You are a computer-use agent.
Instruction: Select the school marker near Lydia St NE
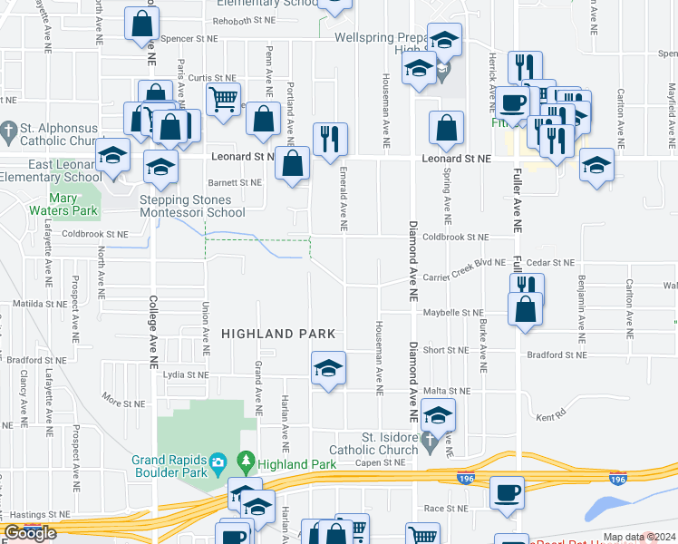pos(328,367)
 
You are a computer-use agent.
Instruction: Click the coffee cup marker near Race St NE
pos(508,492)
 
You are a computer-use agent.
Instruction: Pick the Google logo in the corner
pos(30,533)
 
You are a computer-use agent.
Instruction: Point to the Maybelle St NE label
pos(453,314)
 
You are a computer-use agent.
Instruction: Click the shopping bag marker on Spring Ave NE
pos(447,129)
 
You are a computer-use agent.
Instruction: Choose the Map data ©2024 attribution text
pos(638,537)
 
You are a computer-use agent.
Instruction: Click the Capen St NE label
pos(379,462)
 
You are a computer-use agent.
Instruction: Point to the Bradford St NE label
pos(557,355)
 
